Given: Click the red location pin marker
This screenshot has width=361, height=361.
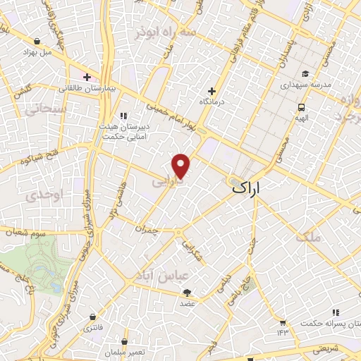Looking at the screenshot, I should [x=182, y=165].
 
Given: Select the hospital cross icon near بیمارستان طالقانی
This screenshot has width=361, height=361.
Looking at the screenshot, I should [x=87, y=77].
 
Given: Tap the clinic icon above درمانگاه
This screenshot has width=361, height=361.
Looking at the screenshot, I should [x=212, y=91].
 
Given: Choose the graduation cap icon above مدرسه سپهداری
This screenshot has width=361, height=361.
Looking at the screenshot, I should [x=305, y=73].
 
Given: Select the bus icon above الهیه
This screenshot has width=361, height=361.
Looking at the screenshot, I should [x=301, y=108].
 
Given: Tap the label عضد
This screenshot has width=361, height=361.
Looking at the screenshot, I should [x=187, y=303].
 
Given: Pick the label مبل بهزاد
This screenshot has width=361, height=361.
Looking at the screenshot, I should [x=37, y=52].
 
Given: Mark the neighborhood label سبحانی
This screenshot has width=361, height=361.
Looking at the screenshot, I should [x=47, y=110].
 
